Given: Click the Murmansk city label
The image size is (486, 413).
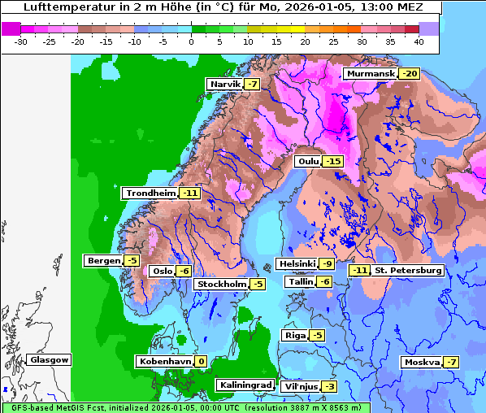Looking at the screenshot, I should pos(370,74).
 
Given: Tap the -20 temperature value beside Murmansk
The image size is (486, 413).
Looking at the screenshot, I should pos(409,74).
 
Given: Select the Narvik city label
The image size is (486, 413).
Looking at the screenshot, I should pos(225,85).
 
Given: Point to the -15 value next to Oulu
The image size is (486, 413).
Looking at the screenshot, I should pos(332,162).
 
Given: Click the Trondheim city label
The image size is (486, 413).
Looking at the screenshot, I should pos(150,193).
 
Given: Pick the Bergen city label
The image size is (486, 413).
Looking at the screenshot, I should pos(102,261).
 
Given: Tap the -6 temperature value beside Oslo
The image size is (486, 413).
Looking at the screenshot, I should pos(184,272).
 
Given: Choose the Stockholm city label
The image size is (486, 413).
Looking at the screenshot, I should pos(220,285).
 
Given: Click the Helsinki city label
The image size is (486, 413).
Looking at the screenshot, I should pos(296,263).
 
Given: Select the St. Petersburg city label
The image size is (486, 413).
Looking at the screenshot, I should pos(408,271).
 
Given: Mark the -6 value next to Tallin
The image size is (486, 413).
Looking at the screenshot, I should pos(323,282).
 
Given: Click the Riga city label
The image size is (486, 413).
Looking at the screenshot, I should pos(293,336).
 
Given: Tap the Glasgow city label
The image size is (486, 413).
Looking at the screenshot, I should pos(49,360).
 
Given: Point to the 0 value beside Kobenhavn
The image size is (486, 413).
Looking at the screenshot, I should pos(200,362).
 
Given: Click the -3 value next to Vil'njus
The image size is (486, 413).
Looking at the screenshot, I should pos(328,386).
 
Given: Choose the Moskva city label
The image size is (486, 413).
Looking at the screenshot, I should pos(421,363).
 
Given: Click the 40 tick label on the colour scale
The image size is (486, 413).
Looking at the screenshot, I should pos(419,41).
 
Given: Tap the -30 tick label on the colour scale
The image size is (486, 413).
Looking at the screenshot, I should pos(21,41).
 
